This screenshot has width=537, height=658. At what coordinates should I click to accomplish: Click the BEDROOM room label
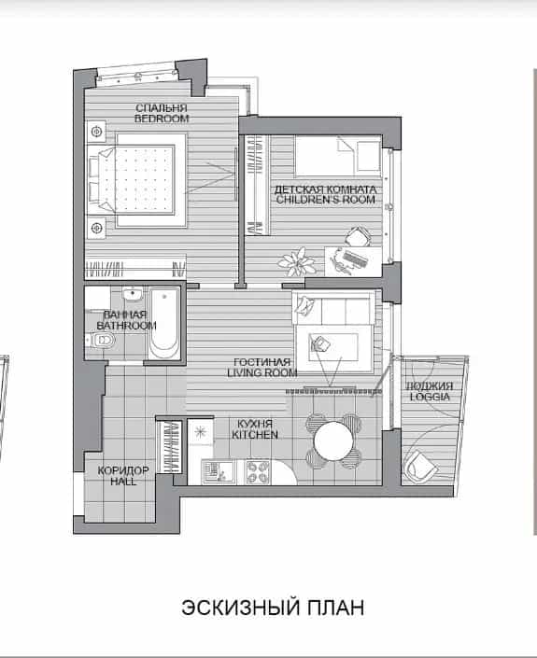point(162,119)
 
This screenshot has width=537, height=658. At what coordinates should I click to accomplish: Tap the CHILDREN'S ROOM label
point(325,200)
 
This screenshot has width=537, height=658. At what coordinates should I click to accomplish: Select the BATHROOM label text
point(126,325)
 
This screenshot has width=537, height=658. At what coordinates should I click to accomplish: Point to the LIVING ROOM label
point(262,372)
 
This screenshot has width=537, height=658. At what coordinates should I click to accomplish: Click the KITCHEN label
point(255,435)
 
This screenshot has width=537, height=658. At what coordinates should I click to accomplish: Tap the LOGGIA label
point(430,397)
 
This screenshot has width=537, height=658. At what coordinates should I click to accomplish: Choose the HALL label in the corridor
point(123,481)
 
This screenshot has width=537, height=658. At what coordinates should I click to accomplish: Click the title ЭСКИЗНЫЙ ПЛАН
point(273,608)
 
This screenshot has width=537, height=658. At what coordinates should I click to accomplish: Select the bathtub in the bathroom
point(163,323)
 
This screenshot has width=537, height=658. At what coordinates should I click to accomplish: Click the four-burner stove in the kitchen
point(257,472)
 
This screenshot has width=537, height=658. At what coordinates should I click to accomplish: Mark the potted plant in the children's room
point(296,261)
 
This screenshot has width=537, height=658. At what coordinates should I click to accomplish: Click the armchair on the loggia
point(420,465)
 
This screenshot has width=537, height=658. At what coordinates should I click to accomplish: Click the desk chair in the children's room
point(358,237)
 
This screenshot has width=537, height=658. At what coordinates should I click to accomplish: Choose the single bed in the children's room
point(338,155)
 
